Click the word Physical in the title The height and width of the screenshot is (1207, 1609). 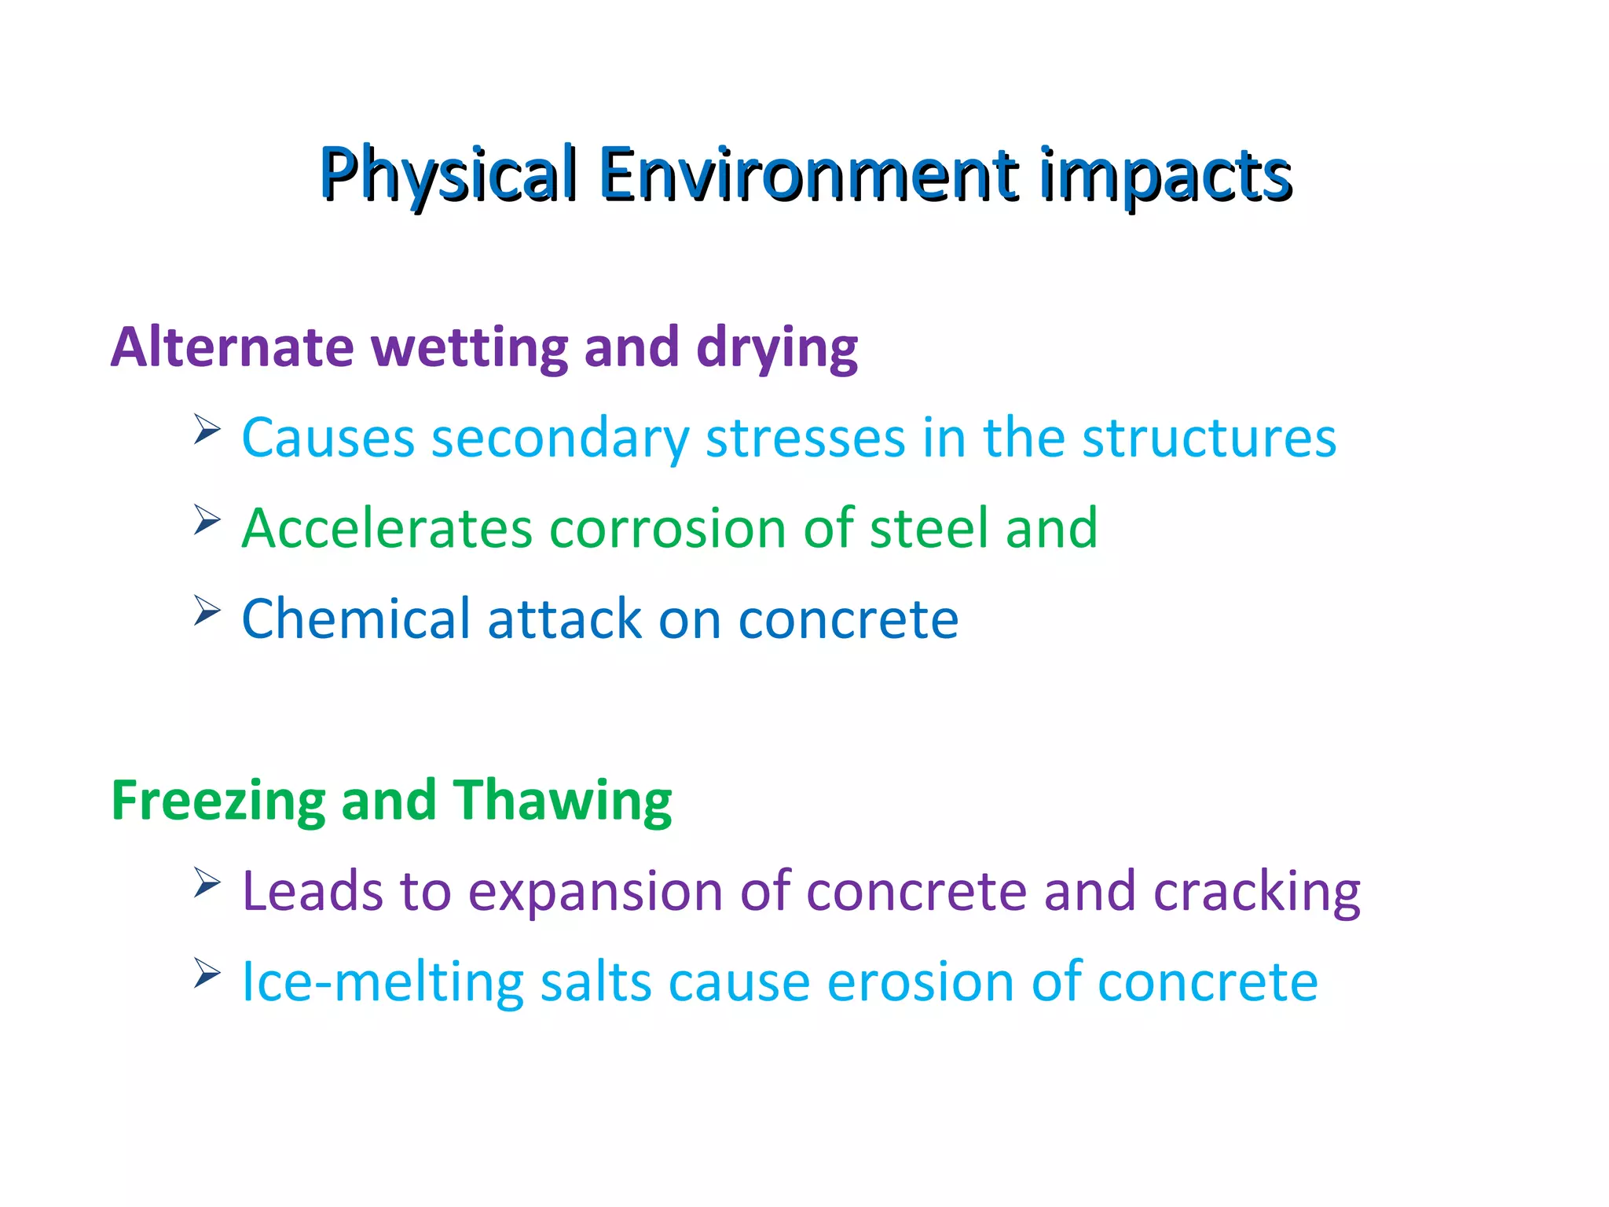449,174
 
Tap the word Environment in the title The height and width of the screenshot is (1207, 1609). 808,174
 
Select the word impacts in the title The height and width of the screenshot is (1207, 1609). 1166,174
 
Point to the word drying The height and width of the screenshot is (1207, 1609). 777,348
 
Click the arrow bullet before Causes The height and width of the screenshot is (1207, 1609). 207,430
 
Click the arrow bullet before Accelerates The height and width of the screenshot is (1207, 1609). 207,520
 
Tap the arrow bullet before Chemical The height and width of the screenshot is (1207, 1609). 207,611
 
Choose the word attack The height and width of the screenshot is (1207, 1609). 564,618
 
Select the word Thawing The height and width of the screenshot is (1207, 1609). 563,801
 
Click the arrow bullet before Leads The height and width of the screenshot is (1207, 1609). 207,883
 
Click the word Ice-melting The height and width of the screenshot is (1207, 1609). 382,981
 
